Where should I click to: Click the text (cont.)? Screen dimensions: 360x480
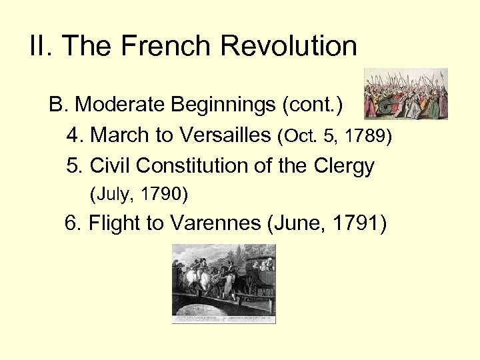[x=312, y=105]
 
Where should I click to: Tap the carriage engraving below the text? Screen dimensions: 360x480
[x=223, y=283]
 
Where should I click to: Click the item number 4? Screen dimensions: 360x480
[x=75, y=135]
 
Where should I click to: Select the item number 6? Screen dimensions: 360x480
[x=73, y=223]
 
